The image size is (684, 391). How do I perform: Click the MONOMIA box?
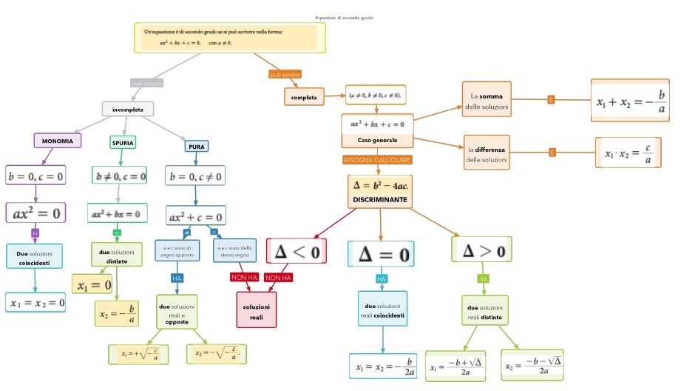(57, 141)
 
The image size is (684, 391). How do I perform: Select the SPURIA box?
(123, 142)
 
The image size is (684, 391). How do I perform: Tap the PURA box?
(197, 147)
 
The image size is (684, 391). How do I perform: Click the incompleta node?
(128, 110)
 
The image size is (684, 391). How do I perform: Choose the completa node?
(304, 97)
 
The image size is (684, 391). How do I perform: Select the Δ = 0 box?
(382, 254)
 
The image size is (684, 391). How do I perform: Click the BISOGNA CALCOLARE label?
(377, 159)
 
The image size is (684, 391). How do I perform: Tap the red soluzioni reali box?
(257, 311)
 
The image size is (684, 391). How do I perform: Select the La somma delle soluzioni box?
(486, 101)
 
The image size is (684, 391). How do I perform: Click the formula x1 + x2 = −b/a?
(630, 100)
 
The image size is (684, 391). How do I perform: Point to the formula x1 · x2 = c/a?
(628, 153)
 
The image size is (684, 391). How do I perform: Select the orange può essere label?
(285, 75)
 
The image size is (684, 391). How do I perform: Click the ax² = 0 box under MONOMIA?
(35, 213)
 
